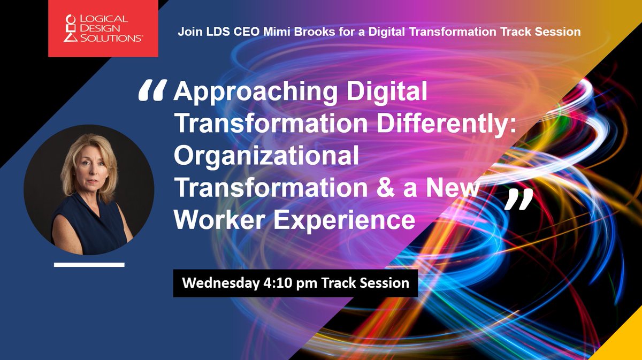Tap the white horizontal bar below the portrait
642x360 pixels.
pyautogui.click(x=89, y=264)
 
